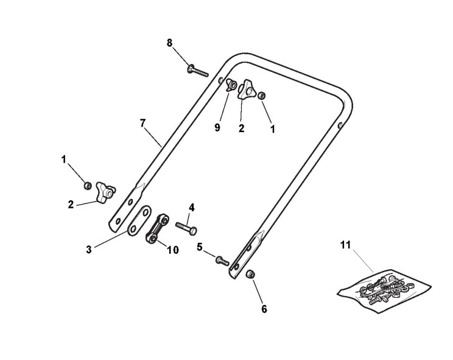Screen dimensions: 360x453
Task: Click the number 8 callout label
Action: click(x=170, y=43)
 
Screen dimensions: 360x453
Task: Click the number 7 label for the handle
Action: click(x=142, y=123)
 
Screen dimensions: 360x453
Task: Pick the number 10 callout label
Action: click(x=172, y=250)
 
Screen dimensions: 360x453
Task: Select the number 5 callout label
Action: click(x=199, y=248)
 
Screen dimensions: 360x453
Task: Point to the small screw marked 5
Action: click(x=222, y=261)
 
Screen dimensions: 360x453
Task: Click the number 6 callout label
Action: click(x=264, y=309)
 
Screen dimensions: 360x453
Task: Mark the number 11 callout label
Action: click(x=345, y=245)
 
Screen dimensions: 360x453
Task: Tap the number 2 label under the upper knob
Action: click(x=242, y=129)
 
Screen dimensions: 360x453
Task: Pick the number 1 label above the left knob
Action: click(x=63, y=159)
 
